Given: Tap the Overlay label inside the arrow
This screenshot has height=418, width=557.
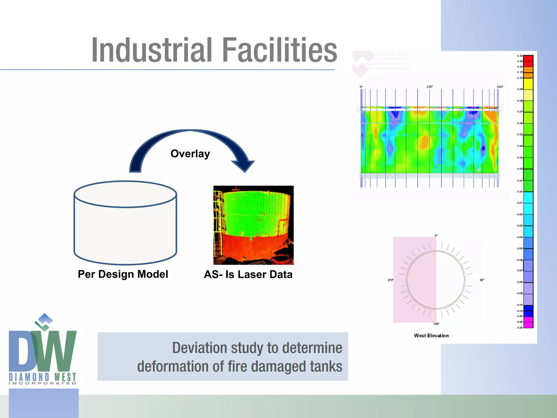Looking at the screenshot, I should (x=190, y=154).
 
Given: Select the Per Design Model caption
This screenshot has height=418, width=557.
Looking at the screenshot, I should (x=123, y=274).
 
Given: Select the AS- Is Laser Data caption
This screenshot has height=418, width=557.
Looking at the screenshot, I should (x=248, y=274).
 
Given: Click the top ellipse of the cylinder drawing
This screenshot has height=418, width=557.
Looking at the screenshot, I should (x=125, y=194).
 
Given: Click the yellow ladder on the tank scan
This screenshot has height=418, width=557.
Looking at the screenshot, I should (x=218, y=218).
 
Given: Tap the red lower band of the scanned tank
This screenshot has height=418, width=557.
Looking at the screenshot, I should (x=253, y=248).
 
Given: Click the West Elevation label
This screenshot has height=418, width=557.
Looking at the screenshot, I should (x=431, y=336).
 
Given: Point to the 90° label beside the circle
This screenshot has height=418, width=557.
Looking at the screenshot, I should (x=482, y=280).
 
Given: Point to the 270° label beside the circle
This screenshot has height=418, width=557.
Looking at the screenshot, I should (x=390, y=280).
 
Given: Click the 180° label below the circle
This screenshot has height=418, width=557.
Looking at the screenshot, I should (x=436, y=324).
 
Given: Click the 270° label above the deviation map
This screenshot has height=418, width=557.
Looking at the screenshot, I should (x=429, y=87).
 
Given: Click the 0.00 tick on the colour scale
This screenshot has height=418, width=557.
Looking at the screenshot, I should (x=520, y=192).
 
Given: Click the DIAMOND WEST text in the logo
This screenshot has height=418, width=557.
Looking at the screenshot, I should (x=42, y=377).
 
